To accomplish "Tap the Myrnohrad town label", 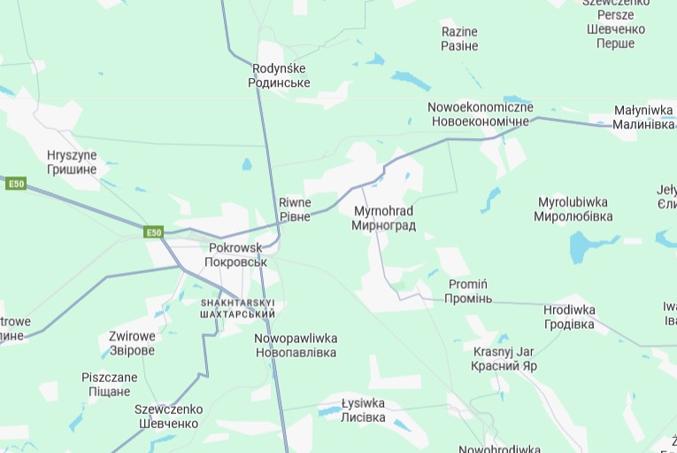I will (383, 218).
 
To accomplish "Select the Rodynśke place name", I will (281, 75).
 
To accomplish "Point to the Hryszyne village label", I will (72, 162).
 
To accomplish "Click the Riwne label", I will (295, 209).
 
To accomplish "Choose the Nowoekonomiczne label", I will (481, 113).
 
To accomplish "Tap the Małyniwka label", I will (643, 117).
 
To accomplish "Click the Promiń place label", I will (469, 291).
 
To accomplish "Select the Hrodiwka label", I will (569, 316).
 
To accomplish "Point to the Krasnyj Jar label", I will (504, 357).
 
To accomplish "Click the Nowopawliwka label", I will (296, 345).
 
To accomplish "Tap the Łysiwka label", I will (364, 410).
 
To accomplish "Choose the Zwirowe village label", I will (132, 343).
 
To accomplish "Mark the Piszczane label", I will (110, 384).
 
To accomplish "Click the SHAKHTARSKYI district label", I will (237, 308).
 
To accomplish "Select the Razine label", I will (459, 38).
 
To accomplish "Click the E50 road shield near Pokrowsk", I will (154, 232).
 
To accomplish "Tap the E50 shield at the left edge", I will (15, 184).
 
